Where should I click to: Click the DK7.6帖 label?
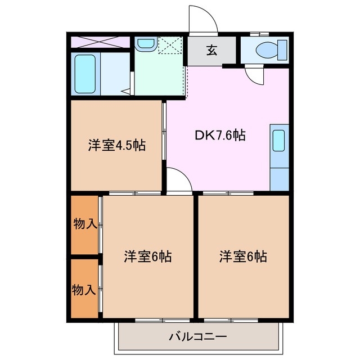(219, 135)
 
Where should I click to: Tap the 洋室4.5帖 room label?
(116, 146)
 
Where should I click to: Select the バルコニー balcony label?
(198, 337)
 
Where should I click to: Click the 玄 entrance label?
(211, 51)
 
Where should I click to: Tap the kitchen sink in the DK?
(278, 141)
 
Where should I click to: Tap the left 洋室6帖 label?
(148, 257)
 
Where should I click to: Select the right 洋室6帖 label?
(243, 257)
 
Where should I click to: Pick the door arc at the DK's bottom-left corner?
(179, 181)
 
